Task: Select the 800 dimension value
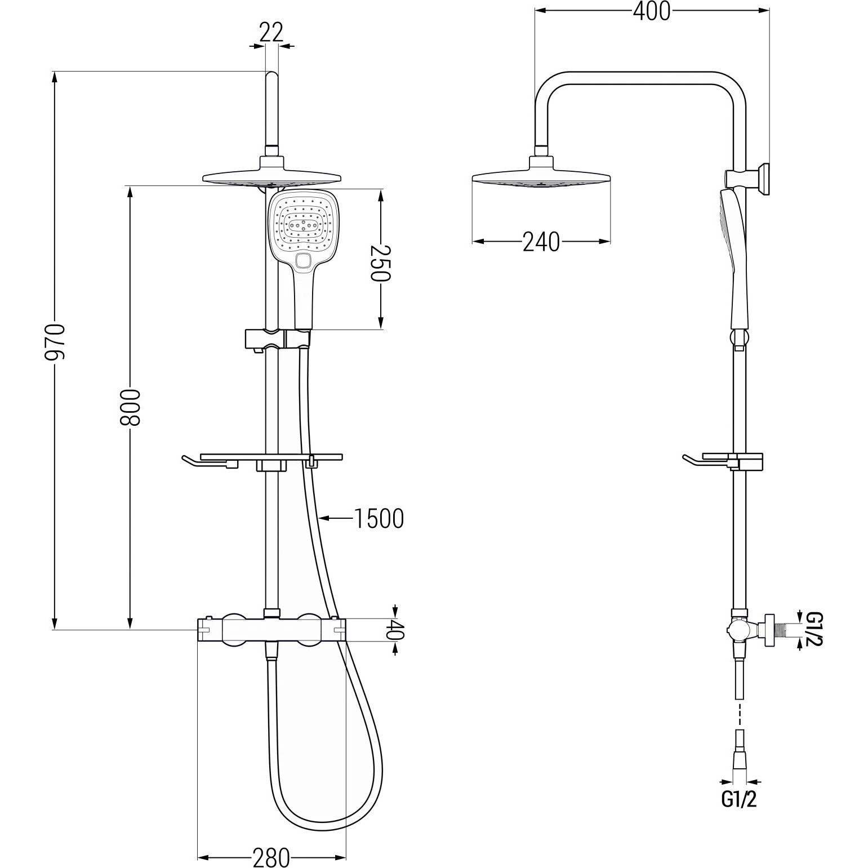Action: [130, 407]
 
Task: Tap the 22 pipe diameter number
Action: [271, 33]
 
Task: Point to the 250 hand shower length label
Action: [380, 263]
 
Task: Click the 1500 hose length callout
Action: [379, 519]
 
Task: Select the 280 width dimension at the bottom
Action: [271, 857]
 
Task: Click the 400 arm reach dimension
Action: [652, 11]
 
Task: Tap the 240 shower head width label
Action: [541, 242]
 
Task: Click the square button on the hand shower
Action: [303, 260]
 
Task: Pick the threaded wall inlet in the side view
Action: [777, 629]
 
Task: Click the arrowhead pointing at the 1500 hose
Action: [324, 517]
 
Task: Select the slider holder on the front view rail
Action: [277, 340]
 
